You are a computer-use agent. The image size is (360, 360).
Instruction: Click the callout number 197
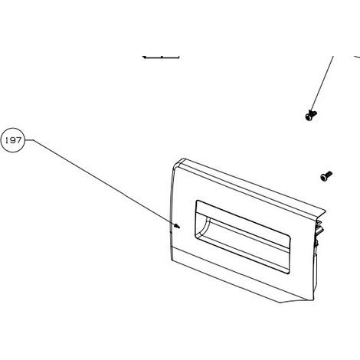[13, 140]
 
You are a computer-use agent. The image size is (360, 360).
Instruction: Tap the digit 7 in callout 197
[18, 140]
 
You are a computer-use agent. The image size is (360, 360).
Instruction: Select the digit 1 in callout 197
[6, 140]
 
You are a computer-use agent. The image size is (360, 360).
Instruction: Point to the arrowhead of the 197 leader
[177, 226]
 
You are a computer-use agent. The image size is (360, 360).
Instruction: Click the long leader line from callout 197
[103, 182]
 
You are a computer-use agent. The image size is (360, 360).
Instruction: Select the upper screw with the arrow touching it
[311, 115]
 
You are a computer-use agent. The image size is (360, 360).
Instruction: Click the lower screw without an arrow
[326, 176]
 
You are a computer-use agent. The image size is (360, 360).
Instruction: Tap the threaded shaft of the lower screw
[329, 174]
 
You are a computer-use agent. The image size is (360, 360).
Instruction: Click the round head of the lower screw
[324, 178]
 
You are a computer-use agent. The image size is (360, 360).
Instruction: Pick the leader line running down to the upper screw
[322, 84]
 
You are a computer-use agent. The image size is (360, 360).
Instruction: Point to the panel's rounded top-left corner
[177, 163]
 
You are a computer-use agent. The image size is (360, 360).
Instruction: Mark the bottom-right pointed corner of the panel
[281, 303]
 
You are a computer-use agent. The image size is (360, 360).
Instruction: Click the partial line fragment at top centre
[161, 57]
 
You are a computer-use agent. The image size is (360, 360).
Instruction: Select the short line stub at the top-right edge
[357, 57]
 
